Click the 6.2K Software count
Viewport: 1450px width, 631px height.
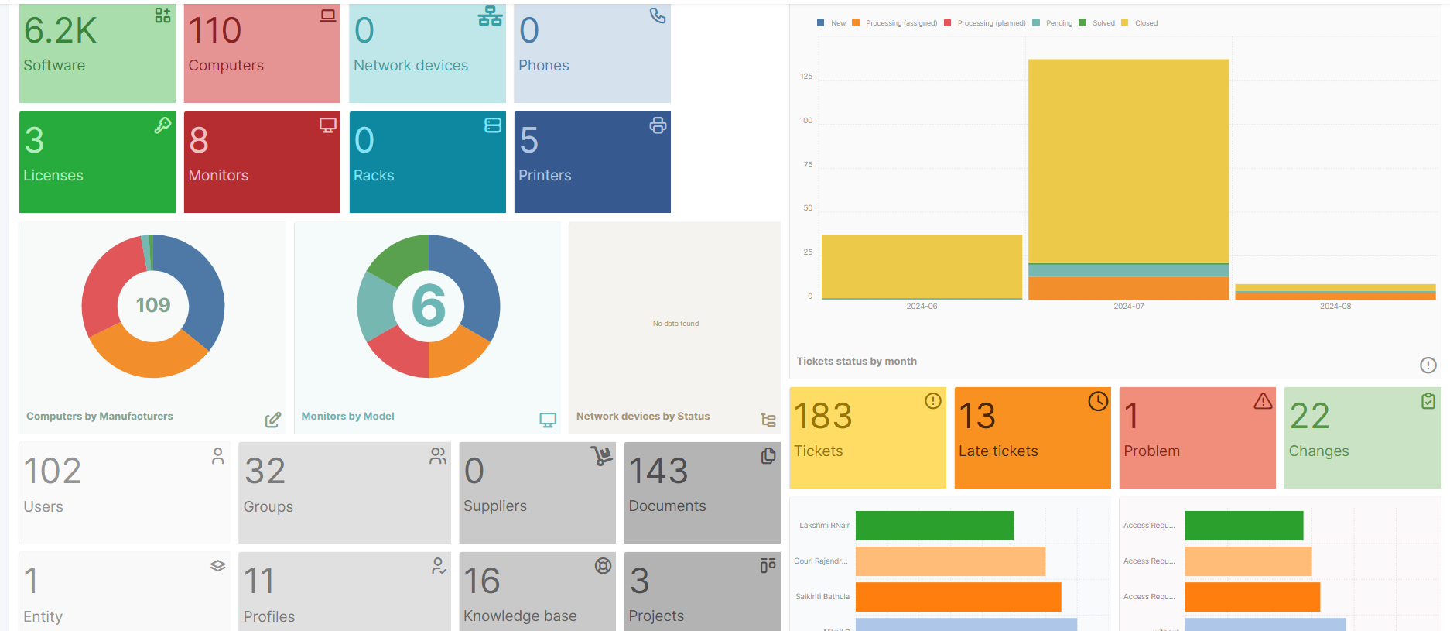[x=60, y=31]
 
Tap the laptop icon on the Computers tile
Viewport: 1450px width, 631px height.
[x=328, y=15]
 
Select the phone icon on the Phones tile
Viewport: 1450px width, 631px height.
[x=658, y=15]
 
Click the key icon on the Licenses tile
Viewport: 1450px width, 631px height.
[x=162, y=125]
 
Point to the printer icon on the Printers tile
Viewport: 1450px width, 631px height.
[x=658, y=125]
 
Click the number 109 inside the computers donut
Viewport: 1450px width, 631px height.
[x=152, y=305]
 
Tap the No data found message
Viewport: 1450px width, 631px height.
[x=675, y=324]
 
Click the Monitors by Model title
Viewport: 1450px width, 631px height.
[x=347, y=416]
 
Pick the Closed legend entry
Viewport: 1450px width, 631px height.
[x=1146, y=23]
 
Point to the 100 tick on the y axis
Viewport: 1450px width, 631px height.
[x=806, y=121]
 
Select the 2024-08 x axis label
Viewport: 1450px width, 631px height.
[x=1335, y=307]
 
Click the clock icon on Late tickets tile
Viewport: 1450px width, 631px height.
[x=1098, y=401]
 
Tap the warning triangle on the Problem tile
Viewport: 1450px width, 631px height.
[x=1263, y=401]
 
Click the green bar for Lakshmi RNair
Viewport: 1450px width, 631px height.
[x=934, y=526]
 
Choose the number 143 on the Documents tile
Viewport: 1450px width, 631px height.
[x=658, y=471]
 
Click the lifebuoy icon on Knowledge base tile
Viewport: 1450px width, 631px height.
[x=603, y=566]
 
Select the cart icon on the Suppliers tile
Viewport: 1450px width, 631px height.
[x=601, y=456]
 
